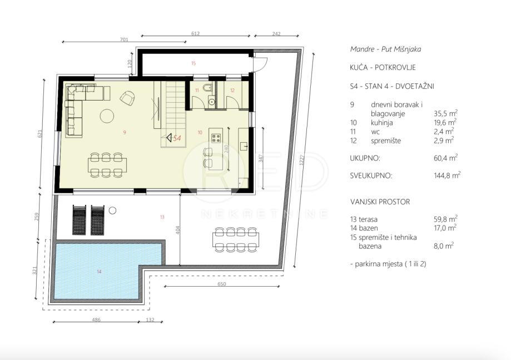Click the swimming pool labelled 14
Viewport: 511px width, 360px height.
coord(98,270)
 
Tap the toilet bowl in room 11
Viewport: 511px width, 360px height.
coord(207,88)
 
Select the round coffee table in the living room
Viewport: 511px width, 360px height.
coord(107,116)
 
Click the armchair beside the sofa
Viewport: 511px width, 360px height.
coord(127,98)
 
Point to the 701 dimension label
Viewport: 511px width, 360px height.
coord(124,39)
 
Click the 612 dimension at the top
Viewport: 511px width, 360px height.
coord(196,33)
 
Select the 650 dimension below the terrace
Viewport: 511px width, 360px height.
coord(222,284)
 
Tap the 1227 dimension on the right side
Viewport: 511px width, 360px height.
coord(302,160)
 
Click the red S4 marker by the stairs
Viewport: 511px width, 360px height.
coord(177,138)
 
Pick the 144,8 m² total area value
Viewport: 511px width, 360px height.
coord(447,175)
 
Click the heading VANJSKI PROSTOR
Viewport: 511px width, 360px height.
coord(380,202)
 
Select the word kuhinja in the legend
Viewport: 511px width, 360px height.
coord(381,123)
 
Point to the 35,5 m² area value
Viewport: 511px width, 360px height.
coord(445,113)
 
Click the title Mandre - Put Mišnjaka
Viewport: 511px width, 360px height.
coord(385,49)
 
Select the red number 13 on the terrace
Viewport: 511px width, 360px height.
coord(162,217)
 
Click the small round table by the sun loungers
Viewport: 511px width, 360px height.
coord(112,211)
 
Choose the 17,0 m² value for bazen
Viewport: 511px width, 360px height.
coord(445,228)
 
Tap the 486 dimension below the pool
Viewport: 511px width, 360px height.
coord(96,319)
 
